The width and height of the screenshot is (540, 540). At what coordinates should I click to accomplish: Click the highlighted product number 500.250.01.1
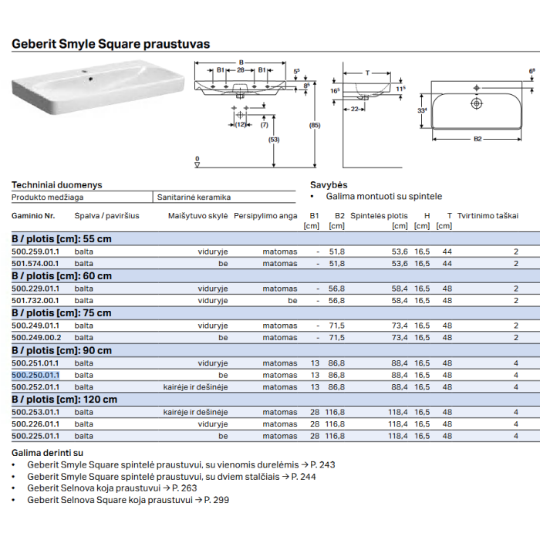pos(35,375)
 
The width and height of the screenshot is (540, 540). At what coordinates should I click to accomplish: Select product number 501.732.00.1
pos(35,301)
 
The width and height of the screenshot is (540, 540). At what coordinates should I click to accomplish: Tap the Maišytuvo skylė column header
pos(197,216)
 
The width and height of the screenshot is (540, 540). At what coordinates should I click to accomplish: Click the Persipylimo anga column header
pos(265,216)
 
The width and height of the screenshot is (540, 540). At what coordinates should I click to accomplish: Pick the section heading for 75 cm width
pos(62,313)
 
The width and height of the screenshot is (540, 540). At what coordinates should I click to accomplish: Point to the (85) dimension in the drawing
pos(315,125)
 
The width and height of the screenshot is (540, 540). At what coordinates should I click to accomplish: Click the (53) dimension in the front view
pos(274,140)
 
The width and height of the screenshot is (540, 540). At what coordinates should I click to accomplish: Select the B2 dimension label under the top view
pos(478,139)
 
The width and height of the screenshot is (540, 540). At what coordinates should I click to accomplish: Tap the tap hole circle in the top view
pos(476,103)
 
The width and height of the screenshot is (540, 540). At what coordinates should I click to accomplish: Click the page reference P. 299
pos(217,500)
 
